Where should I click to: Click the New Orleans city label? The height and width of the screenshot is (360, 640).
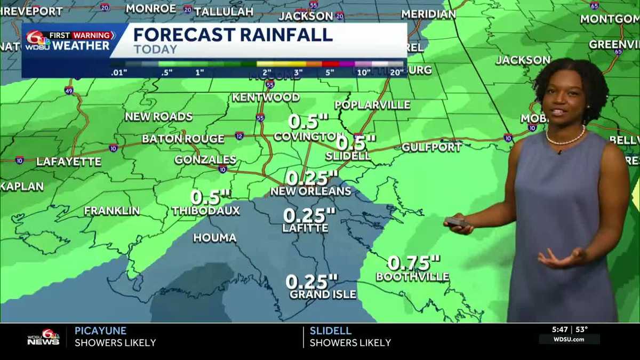pyautogui.click(x=310, y=191)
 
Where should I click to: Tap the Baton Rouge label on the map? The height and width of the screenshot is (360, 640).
pyautogui.click(x=183, y=139)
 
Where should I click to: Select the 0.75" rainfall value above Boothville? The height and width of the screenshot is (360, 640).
pyautogui.click(x=413, y=263)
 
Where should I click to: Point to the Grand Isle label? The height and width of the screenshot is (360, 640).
pyautogui.click(x=323, y=294)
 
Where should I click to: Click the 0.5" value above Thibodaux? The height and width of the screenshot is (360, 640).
pyautogui.click(x=210, y=197)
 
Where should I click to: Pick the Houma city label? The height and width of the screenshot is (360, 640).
pyautogui.click(x=214, y=238)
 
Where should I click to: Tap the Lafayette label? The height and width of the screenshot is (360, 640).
pyautogui.click(x=68, y=161)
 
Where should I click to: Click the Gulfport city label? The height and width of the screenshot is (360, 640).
pyautogui.click(x=431, y=147)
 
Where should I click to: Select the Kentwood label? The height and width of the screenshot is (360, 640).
pyautogui.click(x=265, y=97)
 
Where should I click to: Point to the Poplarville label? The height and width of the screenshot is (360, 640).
pyautogui.click(x=372, y=105)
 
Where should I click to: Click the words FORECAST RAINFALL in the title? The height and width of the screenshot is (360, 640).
pyautogui.click(x=233, y=35)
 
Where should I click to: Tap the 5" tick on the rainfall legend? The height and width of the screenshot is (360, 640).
pyautogui.click(x=330, y=72)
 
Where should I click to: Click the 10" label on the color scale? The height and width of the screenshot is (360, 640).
pyautogui.click(x=364, y=72)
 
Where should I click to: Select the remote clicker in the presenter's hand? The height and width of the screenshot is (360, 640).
pyautogui.click(x=457, y=222)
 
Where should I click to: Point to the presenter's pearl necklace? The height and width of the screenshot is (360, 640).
pyautogui.click(x=565, y=140)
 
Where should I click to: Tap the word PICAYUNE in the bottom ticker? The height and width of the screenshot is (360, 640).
pyautogui.click(x=100, y=331)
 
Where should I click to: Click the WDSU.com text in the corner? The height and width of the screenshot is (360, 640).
pyautogui.click(x=569, y=340)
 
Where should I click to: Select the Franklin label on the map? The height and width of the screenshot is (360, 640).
pyautogui.click(x=111, y=211)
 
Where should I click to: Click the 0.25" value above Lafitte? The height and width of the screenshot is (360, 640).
pyautogui.click(x=309, y=215)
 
